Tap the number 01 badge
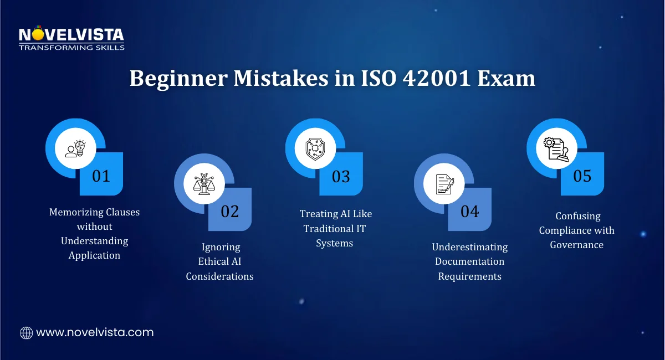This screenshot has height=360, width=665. click(x=101, y=176)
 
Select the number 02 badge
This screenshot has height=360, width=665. click(x=230, y=211)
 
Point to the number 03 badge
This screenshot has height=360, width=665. click(x=341, y=176)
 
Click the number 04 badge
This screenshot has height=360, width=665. click(x=470, y=211)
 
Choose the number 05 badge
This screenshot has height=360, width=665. click(x=582, y=176)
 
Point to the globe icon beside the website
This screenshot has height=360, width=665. click(x=26, y=333)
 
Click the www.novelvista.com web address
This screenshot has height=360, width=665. click(x=95, y=333)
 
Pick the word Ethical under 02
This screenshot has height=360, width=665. click(x=214, y=261)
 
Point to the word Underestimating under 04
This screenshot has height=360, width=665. click(x=470, y=247)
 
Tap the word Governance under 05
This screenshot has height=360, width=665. click(x=577, y=245)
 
